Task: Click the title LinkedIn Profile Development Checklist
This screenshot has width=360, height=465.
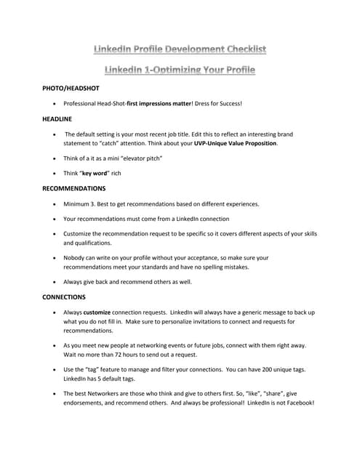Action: pyautogui.click(x=180, y=49)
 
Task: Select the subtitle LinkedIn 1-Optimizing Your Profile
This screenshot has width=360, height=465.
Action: pyautogui.click(x=180, y=70)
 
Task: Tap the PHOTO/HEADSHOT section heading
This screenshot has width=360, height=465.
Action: pyautogui.click(x=71, y=88)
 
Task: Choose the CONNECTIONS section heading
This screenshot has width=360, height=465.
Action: pyautogui.click(x=64, y=297)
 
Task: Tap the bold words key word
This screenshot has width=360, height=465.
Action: pyautogui.click(x=94, y=174)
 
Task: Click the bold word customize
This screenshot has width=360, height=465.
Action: pyautogui.click(x=97, y=312)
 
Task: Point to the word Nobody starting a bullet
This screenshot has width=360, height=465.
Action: pyautogui.click(x=76, y=258)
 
